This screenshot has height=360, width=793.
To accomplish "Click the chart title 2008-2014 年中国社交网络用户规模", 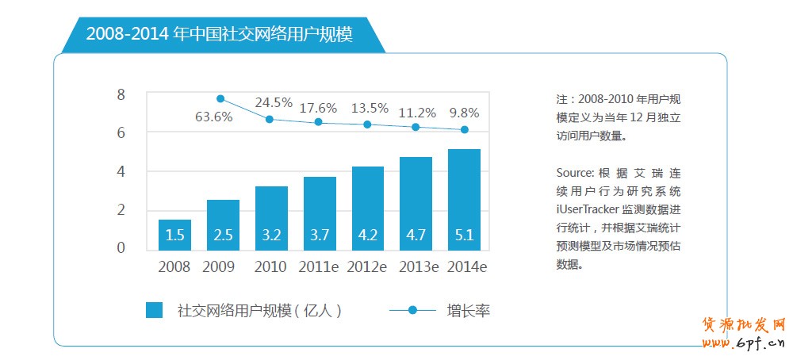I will pyautogui.click(x=219, y=34).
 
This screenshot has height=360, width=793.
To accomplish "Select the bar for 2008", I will pyautogui.click(x=174, y=235).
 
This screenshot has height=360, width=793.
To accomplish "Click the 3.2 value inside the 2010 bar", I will pyautogui.click(x=270, y=235).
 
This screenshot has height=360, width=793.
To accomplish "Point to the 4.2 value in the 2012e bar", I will pyautogui.click(x=367, y=235).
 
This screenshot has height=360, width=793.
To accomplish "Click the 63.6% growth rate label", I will pyautogui.click(x=213, y=117).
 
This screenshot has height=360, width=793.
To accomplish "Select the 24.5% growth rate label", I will pyautogui.click(x=274, y=103).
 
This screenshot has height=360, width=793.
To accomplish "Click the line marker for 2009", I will pyautogui.click(x=220, y=98).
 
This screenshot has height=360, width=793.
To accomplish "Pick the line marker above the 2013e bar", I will pyautogui.click(x=416, y=127).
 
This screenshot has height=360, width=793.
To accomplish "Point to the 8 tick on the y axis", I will pyautogui.click(x=121, y=95).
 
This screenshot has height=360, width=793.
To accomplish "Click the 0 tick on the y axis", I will pyautogui.click(x=121, y=248).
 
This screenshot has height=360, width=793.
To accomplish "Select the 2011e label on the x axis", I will pyautogui.click(x=319, y=267).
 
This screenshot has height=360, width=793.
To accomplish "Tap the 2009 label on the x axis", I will pyautogui.click(x=220, y=267).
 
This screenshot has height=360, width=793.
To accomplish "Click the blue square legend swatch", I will pyautogui.click(x=154, y=310).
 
